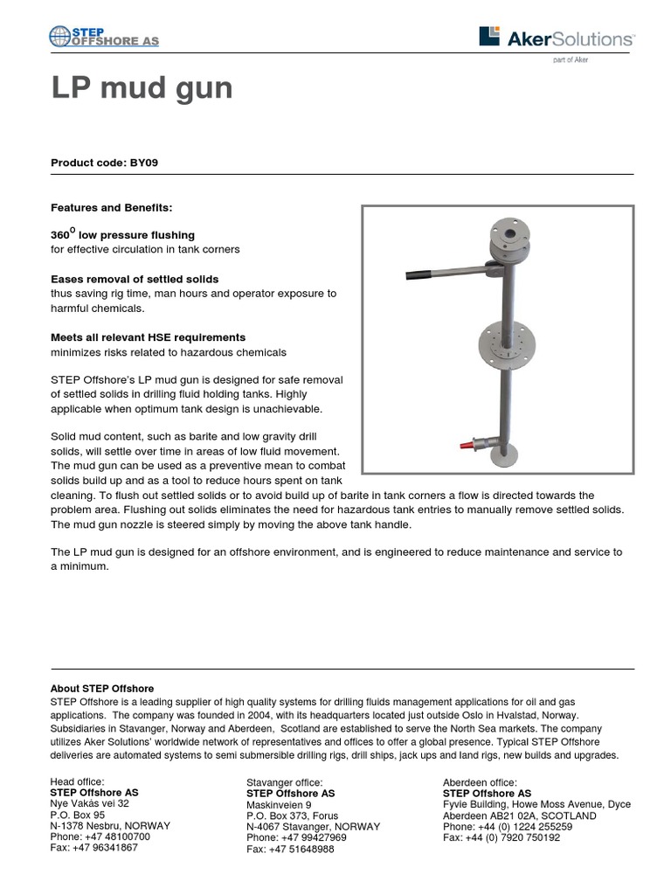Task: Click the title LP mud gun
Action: coord(142,88)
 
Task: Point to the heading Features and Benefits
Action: coord(112,208)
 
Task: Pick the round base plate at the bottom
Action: coord(502,455)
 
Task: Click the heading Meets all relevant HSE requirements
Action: coord(148,337)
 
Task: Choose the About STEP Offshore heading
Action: coord(102,689)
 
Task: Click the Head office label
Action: coord(78,781)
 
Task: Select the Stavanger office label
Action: coord(285,781)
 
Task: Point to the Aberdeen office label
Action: coord(480,781)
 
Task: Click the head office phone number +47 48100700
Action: coord(100,836)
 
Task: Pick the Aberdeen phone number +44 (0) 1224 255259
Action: coord(508,826)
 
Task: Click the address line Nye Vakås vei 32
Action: coord(90,803)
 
